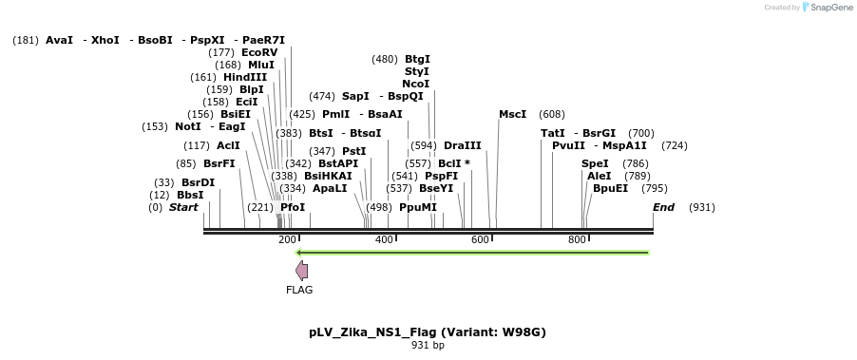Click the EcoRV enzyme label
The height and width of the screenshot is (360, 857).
[x=259, y=52]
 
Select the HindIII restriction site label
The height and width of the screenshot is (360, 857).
[x=245, y=77]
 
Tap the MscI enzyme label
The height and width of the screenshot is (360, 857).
[x=512, y=114]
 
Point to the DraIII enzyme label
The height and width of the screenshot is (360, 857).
[x=463, y=145]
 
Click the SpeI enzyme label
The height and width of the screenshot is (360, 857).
[x=595, y=163]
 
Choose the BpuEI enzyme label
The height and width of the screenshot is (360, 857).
[x=610, y=188]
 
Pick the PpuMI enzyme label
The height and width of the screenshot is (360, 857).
[x=418, y=207]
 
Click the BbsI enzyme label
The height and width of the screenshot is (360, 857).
[x=190, y=195]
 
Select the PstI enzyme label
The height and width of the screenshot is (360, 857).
[x=353, y=151]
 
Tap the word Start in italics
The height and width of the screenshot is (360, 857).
[x=183, y=207]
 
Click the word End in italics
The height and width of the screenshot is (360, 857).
[x=663, y=207]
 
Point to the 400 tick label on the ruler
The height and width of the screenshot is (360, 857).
[x=384, y=240]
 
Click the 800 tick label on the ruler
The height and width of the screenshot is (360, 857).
[x=577, y=240]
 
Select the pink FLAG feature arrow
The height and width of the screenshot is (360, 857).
[x=301, y=271]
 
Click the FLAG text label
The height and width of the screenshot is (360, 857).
[x=299, y=290]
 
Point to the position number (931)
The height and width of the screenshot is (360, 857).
[x=702, y=207]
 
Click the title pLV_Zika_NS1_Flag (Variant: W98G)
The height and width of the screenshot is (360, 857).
[x=427, y=332]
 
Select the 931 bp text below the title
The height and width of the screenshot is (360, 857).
[x=428, y=346]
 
